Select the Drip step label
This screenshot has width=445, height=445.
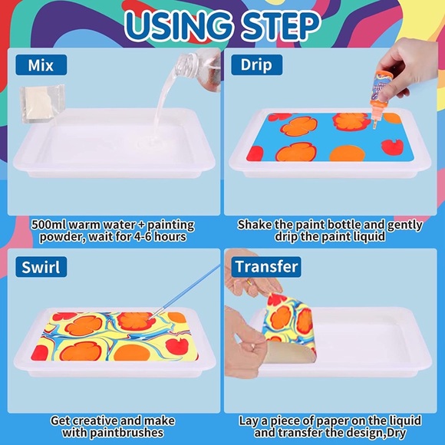[x=257, y=65]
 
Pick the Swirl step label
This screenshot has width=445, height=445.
[x=40, y=267]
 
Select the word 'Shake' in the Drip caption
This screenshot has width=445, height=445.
[x=255, y=226]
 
